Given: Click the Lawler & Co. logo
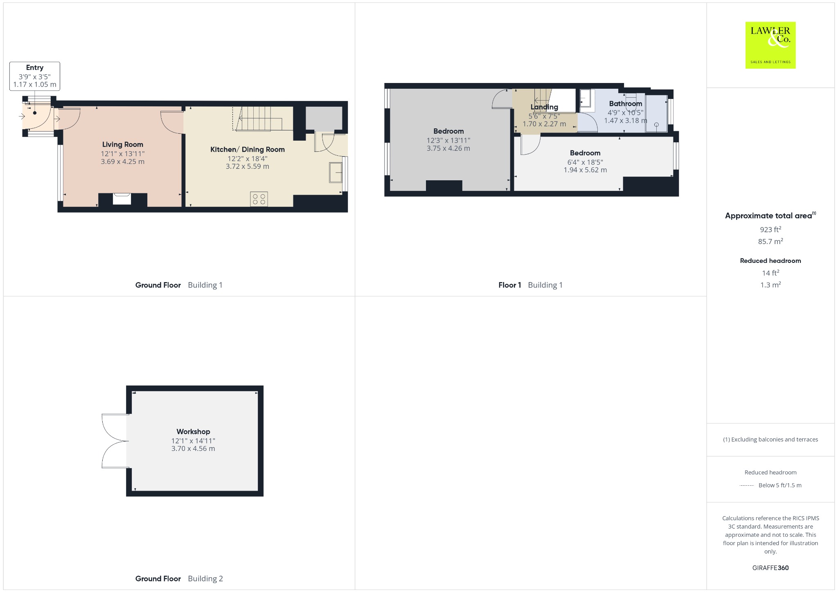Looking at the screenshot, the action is [770, 45].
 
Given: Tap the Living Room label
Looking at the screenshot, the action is [123, 144].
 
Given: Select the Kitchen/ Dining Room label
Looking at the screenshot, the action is [248, 149].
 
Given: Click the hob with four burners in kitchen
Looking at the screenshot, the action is [259, 199].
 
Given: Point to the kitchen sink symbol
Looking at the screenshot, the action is [336, 172].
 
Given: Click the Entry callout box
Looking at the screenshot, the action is [35, 76].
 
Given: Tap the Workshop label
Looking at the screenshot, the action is [193, 431].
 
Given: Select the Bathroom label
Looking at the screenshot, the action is [626, 103].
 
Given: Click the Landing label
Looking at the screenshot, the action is [544, 107].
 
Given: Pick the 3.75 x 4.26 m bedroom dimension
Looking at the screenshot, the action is [448, 148].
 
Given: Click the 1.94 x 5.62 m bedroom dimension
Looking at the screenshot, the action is [585, 170].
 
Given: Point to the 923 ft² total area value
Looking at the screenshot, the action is [770, 229].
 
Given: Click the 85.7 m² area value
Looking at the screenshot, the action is [770, 241].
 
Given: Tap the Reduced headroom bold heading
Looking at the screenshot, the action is [770, 260].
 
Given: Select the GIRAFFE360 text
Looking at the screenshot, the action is [770, 567].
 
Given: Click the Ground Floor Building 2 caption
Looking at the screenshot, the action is [179, 579].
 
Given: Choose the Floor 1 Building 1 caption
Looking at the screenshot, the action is [530, 285].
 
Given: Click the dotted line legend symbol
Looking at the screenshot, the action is [747, 485].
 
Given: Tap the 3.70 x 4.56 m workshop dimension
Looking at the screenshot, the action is [193, 448].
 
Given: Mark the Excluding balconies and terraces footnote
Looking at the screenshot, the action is [770, 440].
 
